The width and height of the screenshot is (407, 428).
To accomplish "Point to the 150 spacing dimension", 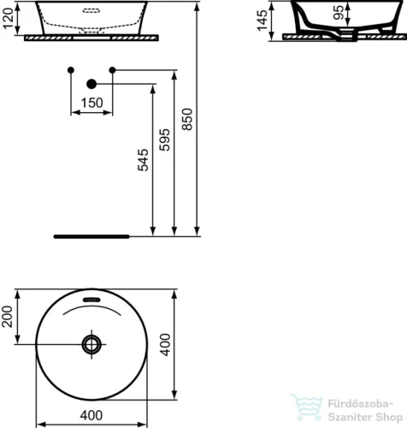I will click(91, 102).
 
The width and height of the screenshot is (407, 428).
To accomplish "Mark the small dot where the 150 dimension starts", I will click(71, 68).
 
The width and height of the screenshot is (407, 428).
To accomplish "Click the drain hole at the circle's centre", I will click(91, 344).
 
